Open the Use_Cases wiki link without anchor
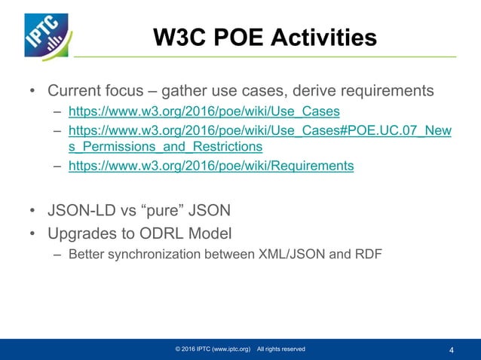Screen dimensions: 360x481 point(198,111)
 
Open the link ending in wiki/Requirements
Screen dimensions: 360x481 point(210,166)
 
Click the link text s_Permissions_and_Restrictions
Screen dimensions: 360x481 point(165,146)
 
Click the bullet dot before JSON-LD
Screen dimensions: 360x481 point(32,207)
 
